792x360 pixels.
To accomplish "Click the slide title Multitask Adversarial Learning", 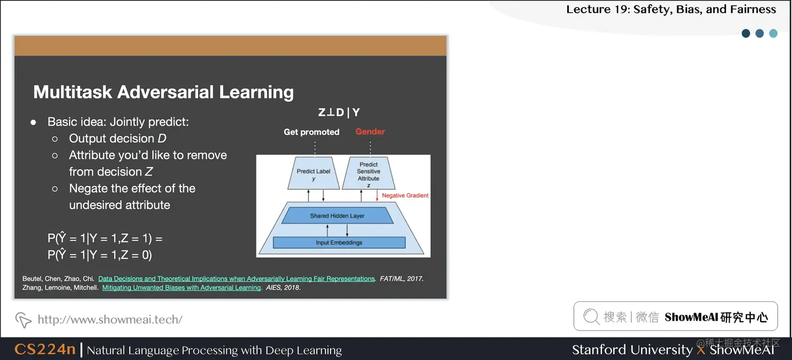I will [163, 92].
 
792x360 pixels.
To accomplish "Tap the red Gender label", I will [370, 132].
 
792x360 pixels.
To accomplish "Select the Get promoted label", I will [311, 132].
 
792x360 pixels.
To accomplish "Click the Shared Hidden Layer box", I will [337, 216].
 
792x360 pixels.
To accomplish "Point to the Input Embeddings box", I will [339, 243].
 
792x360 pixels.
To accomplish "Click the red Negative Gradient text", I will [405, 195].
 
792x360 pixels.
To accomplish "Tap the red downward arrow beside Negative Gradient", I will [377, 195].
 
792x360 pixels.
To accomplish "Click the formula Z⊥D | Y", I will [339, 113].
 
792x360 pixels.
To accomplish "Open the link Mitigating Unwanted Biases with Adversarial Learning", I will [181, 288].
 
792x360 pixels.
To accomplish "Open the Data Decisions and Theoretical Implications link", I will [236, 279].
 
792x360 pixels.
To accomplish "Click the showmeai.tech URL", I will [110, 319].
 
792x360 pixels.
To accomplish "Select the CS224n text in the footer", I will [45, 350].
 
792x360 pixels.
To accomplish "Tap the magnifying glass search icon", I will [591, 317].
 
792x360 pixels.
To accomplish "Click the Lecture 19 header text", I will [671, 9].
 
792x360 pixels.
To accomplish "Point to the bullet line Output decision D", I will [118, 138].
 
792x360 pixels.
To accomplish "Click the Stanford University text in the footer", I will [632, 350].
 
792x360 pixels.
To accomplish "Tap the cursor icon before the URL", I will [23, 319].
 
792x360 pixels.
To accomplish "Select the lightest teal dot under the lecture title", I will [773, 34].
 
